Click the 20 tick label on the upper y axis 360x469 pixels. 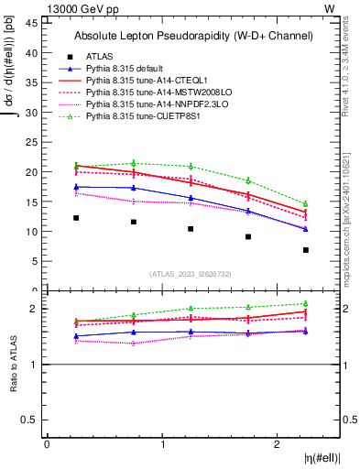pyautogui.click(x=32, y=172)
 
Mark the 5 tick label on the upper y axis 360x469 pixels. pyautogui.click(x=35, y=261)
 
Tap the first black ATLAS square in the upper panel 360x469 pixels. pyautogui.click(x=76, y=218)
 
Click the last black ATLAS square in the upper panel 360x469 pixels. pyautogui.click(x=306, y=250)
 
